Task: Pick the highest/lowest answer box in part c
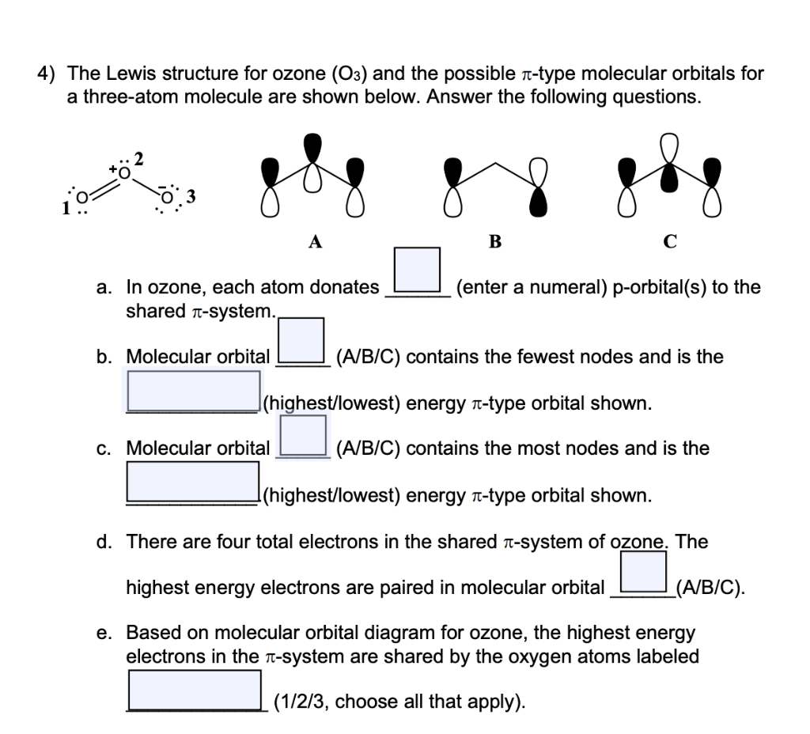coord(194,481)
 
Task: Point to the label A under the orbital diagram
coord(315,243)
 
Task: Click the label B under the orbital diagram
coord(494,243)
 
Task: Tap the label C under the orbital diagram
coord(670,243)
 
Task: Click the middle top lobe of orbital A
coord(314,146)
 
